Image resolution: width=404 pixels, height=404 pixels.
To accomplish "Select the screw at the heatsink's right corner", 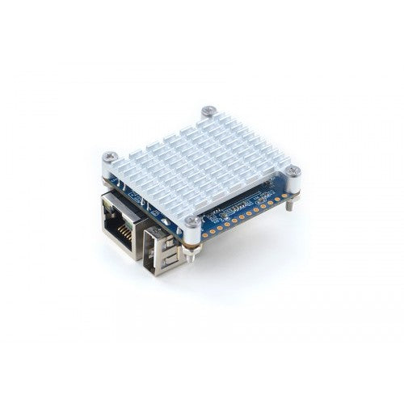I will [294, 170].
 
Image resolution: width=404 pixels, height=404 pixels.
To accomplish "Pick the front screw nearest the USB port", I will [192, 221].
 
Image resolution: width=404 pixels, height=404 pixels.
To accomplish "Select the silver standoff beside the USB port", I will [193, 236].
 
